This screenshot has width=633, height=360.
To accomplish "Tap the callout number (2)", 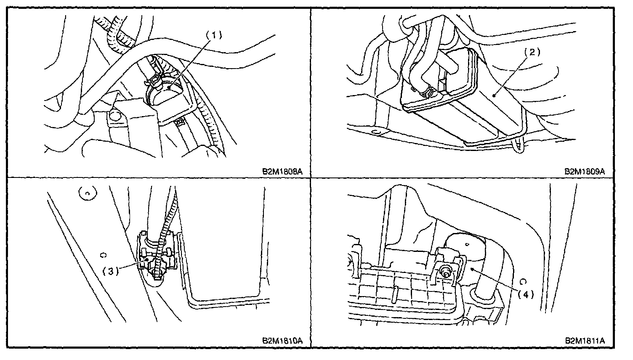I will (532, 52).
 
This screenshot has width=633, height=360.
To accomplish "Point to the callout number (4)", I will (525, 294).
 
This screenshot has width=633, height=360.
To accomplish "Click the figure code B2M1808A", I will (280, 172).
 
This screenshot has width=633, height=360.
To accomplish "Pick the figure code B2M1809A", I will (585, 172).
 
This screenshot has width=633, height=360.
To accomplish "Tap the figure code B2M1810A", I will (280, 340).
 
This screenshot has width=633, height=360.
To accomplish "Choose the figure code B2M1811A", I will (585, 340).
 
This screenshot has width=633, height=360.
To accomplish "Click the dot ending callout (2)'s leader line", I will (495, 95).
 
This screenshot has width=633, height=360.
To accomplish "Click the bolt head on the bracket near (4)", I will (445, 273).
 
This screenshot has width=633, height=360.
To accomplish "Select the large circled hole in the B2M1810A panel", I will (86, 193).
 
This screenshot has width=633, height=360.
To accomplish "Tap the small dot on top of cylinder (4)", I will (468, 243).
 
